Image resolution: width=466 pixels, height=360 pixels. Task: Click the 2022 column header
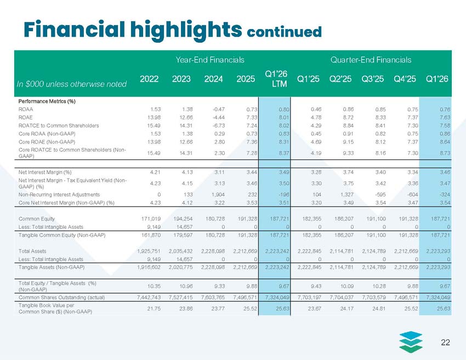149,79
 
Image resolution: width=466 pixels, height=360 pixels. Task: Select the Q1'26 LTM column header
276,79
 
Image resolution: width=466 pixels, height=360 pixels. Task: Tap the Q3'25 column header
372,79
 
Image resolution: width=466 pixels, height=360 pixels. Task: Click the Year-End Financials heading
210,60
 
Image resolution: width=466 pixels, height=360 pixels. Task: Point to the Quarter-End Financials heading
371,60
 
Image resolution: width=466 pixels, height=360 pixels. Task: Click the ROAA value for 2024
219,109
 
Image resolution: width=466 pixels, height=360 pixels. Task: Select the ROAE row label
26,117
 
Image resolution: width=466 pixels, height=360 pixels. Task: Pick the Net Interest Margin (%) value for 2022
156,172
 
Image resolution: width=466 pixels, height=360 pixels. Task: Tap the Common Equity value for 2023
183,219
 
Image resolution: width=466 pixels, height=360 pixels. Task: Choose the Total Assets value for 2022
149,251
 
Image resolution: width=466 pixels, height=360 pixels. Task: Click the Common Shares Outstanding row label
61,298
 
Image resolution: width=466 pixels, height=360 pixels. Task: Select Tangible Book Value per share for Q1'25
315,308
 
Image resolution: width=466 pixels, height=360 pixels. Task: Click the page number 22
446,342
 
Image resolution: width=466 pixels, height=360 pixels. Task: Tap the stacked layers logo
411,342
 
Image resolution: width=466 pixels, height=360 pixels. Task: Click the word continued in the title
284,32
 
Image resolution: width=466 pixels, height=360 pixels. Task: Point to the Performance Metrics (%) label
47,101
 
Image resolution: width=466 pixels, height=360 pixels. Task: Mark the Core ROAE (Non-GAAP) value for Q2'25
348,142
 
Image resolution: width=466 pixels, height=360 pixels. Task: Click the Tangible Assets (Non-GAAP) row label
52,267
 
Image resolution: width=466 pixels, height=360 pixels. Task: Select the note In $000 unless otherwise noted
72,84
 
